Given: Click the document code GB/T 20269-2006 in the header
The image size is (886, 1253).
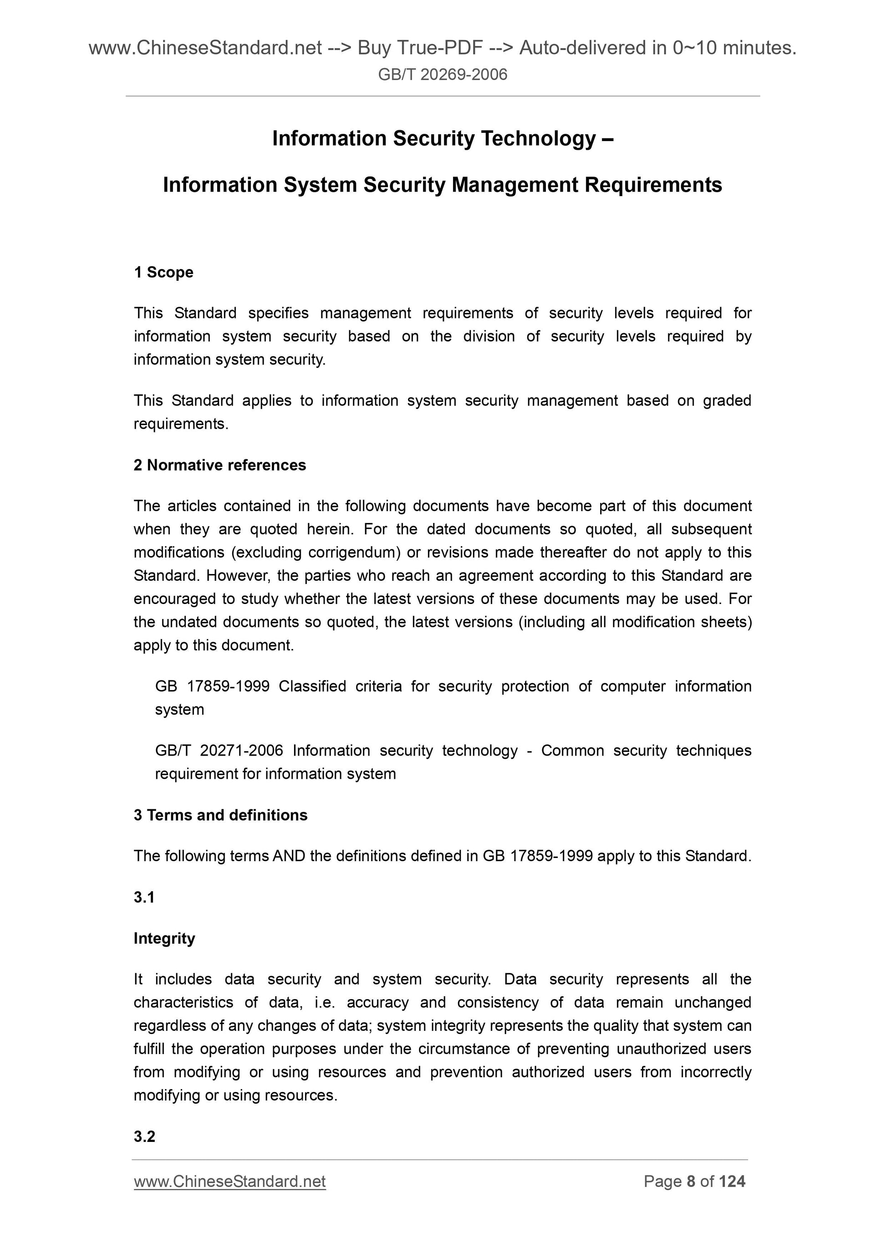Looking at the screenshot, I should (x=442, y=74).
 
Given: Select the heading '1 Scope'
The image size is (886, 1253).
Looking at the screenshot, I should (x=163, y=272).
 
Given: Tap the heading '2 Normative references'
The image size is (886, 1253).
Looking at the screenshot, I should (x=219, y=465).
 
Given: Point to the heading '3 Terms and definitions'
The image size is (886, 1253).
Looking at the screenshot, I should (x=220, y=815).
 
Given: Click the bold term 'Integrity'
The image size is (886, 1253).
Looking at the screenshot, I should (x=164, y=938).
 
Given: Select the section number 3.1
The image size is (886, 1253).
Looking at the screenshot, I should (x=144, y=897).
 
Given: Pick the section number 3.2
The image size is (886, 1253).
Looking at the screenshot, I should (x=144, y=1136).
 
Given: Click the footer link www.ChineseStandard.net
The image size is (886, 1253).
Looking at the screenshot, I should (x=229, y=1182).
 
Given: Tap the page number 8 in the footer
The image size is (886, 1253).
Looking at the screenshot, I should (x=691, y=1182).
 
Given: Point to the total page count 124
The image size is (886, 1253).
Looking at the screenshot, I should (x=732, y=1182).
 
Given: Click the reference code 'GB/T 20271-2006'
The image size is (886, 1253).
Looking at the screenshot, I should (x=219, y=751).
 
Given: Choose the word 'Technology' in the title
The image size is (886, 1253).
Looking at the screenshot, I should (x=538, y=139).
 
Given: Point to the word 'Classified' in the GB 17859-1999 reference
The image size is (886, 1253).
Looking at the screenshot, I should (x=312, y=686).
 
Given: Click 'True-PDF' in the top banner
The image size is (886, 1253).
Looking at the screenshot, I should (x=440, y=48).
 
